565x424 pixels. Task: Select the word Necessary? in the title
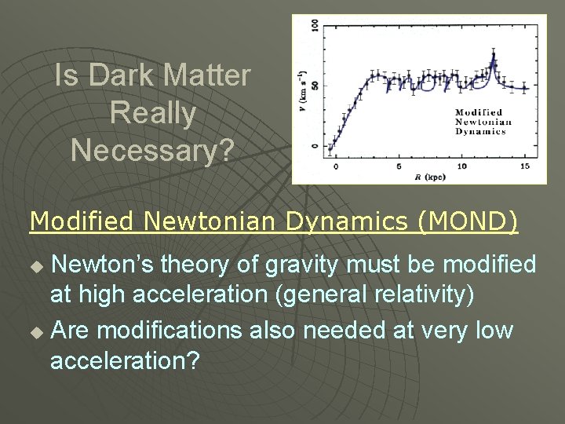click(x=152, y=149)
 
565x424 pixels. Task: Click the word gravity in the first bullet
click(x=302, y=265)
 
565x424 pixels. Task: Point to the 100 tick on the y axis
click(x=315, y=26)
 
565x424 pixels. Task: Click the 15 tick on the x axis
click(x=524, y=166)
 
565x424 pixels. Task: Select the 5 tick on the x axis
click(x=399, y=166)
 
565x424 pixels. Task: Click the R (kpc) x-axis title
click(x=429, y=177)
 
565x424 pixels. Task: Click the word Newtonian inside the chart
click(x=483, y=122)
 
